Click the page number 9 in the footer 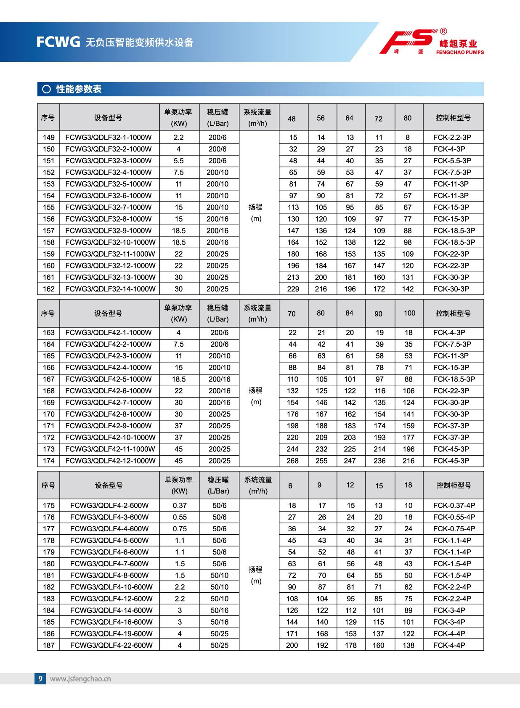[40, 678]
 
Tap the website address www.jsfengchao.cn [80, 679]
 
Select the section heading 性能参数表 [79, 89]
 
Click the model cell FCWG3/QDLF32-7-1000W [109, 207]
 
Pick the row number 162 [48, 289]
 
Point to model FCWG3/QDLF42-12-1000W [110, 461]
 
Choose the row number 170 [48, 414]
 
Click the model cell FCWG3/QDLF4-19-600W [111, 634]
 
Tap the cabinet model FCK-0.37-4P [454, 505]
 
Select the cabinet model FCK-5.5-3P [452, 161]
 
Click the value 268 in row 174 [292, 461]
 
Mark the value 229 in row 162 [293, 289]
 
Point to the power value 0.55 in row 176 [180, 517]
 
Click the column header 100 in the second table [409, 313]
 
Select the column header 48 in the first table [292, 119]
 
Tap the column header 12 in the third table [350, 485]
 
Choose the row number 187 [48, 645]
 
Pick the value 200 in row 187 [292, 645]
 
